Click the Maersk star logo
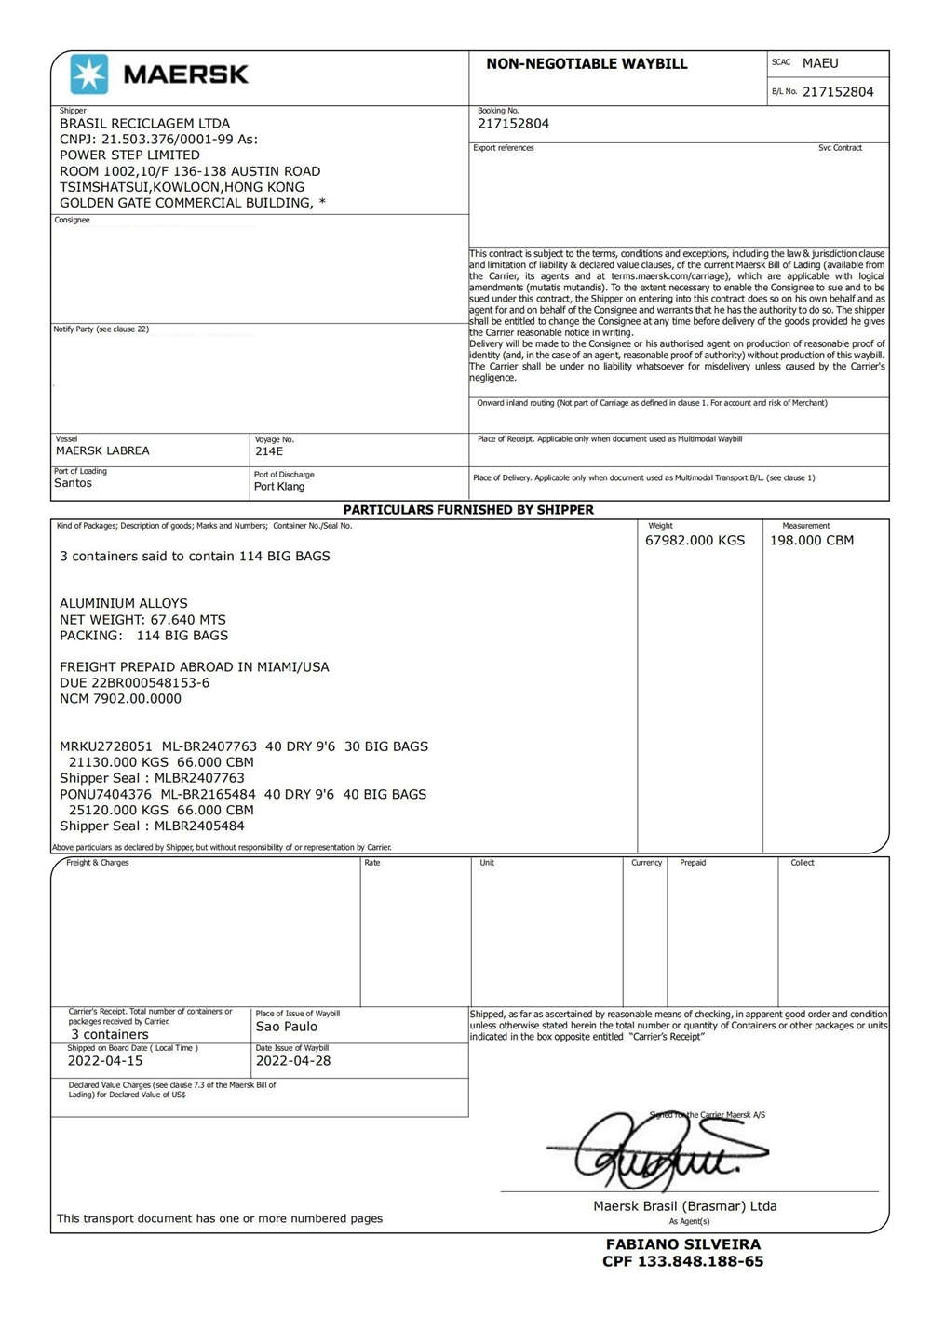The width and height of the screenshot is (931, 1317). click(x=89, y=74)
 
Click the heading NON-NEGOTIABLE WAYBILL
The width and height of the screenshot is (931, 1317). click(x=587, y=64)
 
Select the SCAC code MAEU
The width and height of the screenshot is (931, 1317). click(x=820, y=63)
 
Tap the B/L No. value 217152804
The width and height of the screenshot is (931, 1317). click(x=838, y=92)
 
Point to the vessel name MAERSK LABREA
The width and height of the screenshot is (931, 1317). click(x=102, y=451)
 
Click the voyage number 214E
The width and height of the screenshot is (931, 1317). click(x=269, y=451)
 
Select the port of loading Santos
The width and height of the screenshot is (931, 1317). click(x=74, y=483)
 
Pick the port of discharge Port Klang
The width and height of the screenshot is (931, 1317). click(x=279, y=487)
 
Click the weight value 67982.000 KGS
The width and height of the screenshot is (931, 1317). click(x=695, y=541)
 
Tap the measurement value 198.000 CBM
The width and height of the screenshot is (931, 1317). click(x=811, y=541)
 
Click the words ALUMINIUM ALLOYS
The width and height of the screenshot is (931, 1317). click(x=124, y=604)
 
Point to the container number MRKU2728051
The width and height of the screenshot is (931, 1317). click(x=106, y=746)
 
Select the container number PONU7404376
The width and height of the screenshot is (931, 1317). click(x=105, y=795)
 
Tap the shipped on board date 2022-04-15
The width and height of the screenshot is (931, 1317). click(x=105, y=1061)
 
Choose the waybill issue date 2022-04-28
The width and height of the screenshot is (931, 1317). click(x=293, y=1061)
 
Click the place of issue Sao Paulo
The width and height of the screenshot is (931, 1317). click(x=287, y=1027)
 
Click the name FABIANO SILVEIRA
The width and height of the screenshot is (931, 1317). click(x=683, y=1244)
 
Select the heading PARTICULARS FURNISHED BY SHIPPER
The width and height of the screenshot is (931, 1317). click(x=468, y=510)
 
